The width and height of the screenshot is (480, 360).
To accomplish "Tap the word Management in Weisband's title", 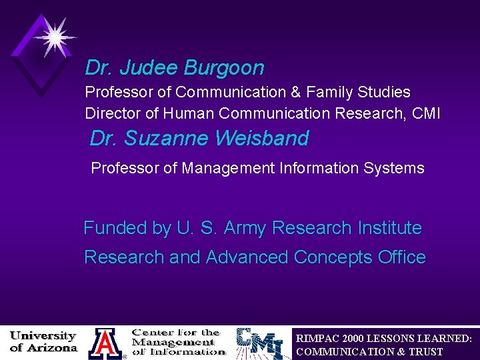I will coord(237,168).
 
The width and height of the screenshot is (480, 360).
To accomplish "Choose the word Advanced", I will coord(247,257).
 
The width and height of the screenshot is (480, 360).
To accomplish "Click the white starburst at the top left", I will coord(53,37).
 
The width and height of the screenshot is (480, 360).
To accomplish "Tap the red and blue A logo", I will coord(105,343).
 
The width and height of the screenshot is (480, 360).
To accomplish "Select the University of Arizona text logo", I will coord(43,342).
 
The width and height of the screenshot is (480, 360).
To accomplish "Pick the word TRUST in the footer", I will coord(427,351).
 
